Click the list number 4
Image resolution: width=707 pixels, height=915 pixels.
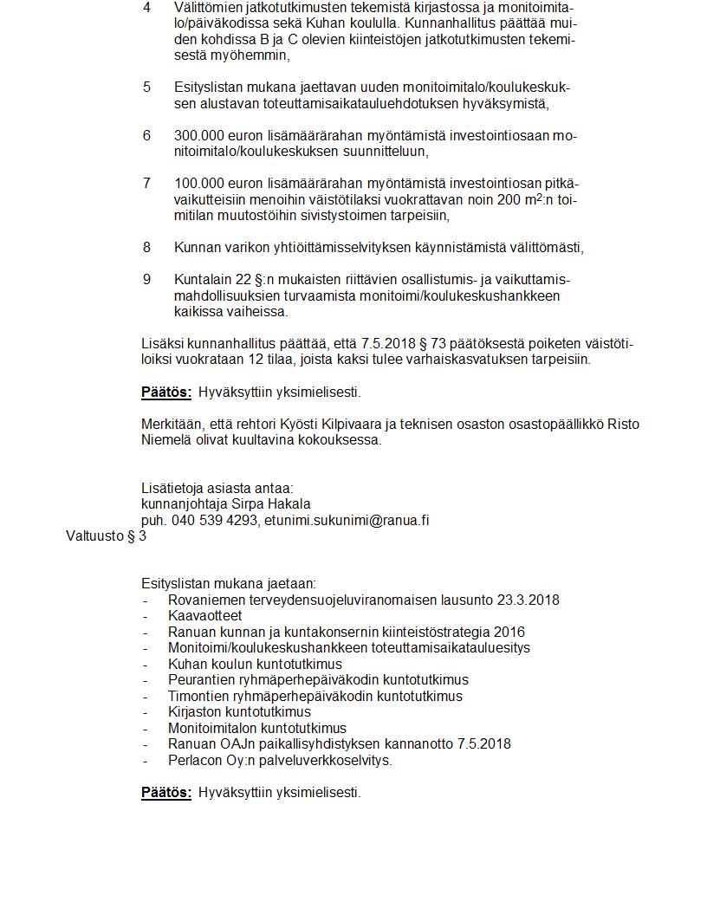[146, 8]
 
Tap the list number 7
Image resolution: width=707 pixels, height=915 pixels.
[146, 184]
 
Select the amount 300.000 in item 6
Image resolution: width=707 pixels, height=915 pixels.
[198, 136]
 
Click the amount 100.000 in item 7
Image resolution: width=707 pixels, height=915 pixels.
[198, 184]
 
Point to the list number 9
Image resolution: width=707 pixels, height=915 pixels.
[146, 280]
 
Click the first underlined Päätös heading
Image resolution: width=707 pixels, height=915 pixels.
[166, 393]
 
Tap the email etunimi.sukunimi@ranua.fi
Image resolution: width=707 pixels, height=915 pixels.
[347, 521]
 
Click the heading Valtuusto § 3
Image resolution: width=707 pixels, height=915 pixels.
[106, 536]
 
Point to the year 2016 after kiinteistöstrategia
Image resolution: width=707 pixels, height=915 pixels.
[509, 633]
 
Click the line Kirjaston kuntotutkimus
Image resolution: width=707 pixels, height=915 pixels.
[239, 712]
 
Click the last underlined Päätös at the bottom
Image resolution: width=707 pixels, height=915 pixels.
[166, 793]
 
